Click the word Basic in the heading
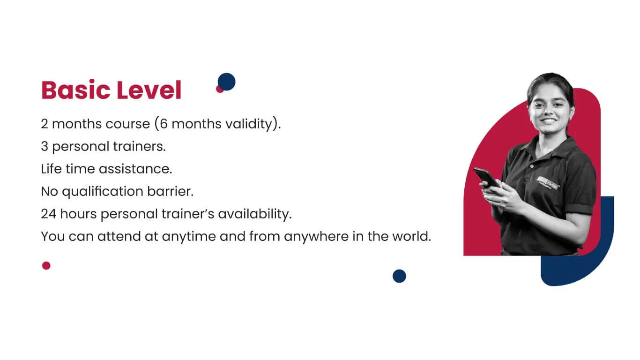(76, 90)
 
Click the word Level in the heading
(149, 90)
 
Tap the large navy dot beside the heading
(227, 82)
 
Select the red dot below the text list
(46, 266)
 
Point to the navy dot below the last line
(399, 276)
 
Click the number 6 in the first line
(164, 124)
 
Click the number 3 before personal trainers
(45, 146)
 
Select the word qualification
(103, 192)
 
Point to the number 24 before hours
(49, 214)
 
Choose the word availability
(254, 214)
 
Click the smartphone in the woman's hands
(487, 177)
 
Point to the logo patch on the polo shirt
(547, 183)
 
